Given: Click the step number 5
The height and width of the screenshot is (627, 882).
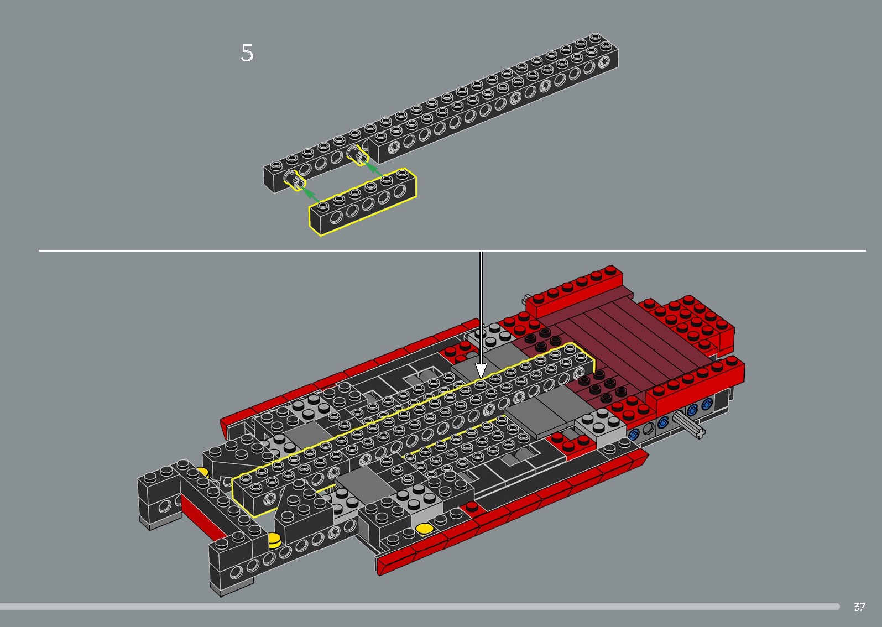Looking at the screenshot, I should (247, 53).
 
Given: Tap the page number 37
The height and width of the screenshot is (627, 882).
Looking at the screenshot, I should (859, 607).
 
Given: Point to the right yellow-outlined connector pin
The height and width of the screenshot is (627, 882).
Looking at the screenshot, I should (358, 156).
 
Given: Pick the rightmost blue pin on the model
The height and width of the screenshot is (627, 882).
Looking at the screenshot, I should (706, 405).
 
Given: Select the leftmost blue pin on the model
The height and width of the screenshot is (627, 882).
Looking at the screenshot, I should (634, 434).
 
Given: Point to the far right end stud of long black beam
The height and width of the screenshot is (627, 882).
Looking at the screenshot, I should (596, 37).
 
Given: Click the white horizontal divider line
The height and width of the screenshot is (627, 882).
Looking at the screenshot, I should (221, 250).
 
